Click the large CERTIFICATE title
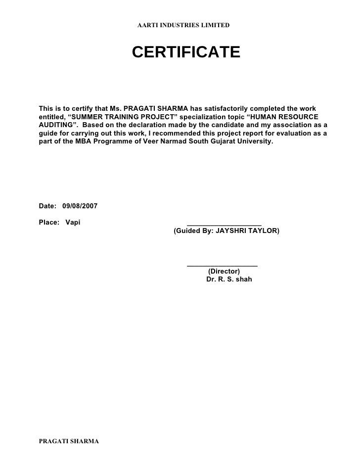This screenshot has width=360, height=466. (186, 52)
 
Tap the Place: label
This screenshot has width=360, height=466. (48, 222)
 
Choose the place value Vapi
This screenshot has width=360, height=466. (73, 222)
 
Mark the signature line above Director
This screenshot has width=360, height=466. (222, 266)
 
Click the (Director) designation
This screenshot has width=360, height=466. (224, 271)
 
